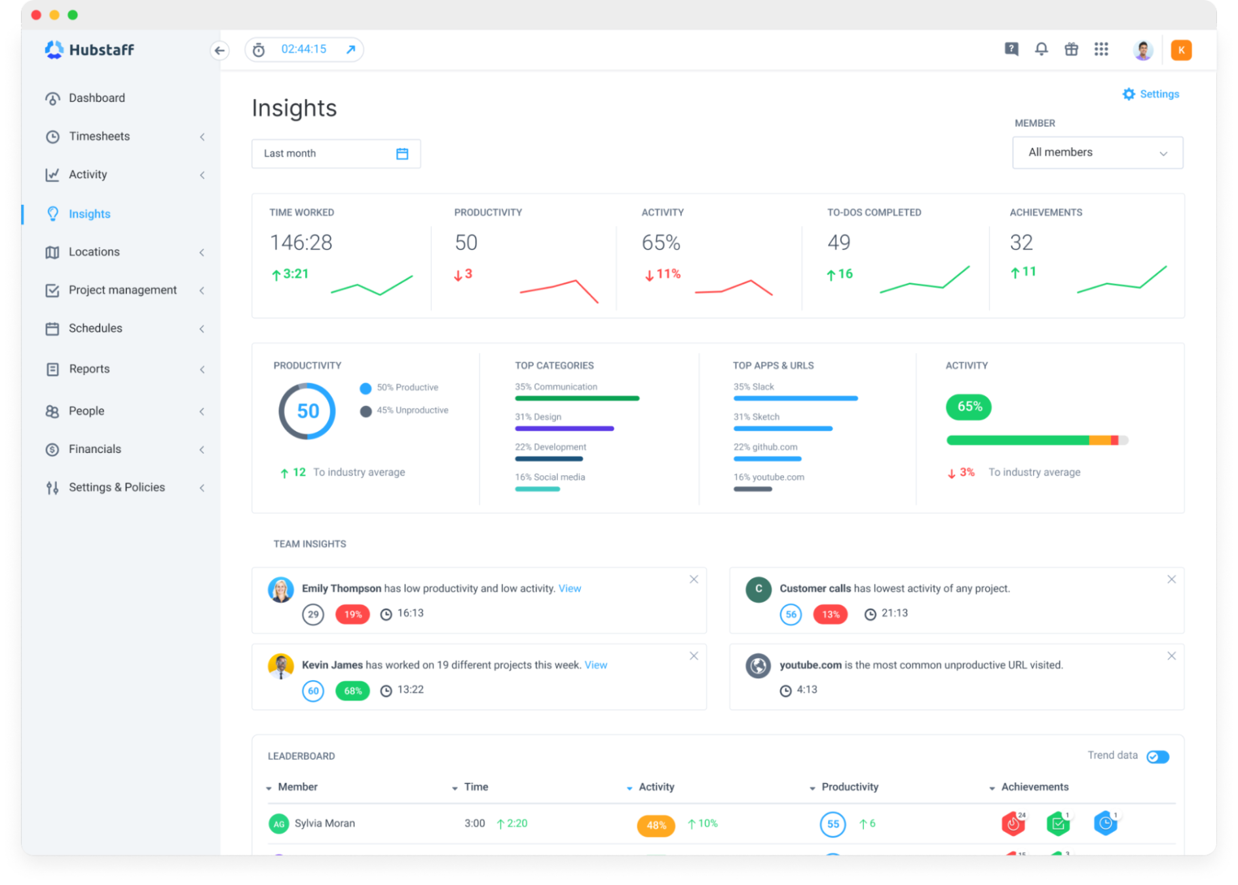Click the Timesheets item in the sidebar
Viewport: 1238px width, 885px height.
tap(99, 136)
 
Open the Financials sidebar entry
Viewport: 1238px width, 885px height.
tap(95, 449)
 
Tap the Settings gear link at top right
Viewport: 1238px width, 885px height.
tap(1151, 94)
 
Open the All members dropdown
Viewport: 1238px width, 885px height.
tap(1097, 153)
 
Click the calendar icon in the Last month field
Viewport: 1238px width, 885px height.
tap(402, 154)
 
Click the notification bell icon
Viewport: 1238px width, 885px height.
tap(1041, 49)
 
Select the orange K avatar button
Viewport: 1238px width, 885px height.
tap(1181, 50)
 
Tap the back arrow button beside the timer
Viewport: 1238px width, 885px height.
tap(220, 50)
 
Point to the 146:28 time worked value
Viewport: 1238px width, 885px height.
tap(301, 243)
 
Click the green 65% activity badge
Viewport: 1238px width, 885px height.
tap(969, 406)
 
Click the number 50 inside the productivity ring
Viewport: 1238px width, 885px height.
tap(308, 411)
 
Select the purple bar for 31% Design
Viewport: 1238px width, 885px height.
tap(564, 429)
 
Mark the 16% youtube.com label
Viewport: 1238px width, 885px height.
tap(769, 477)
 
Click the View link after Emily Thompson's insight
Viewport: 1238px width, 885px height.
tap(569, 588)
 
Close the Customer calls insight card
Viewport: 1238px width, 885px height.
tap(1171, 579)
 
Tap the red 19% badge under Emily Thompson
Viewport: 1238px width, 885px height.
tap(352, 614)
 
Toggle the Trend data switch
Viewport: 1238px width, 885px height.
tap(1157, 757)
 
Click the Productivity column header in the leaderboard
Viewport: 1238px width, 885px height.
tap(850, 787)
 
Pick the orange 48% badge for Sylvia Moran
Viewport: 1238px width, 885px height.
tap(656, 825)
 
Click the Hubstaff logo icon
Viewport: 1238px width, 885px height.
tap(54, 50)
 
